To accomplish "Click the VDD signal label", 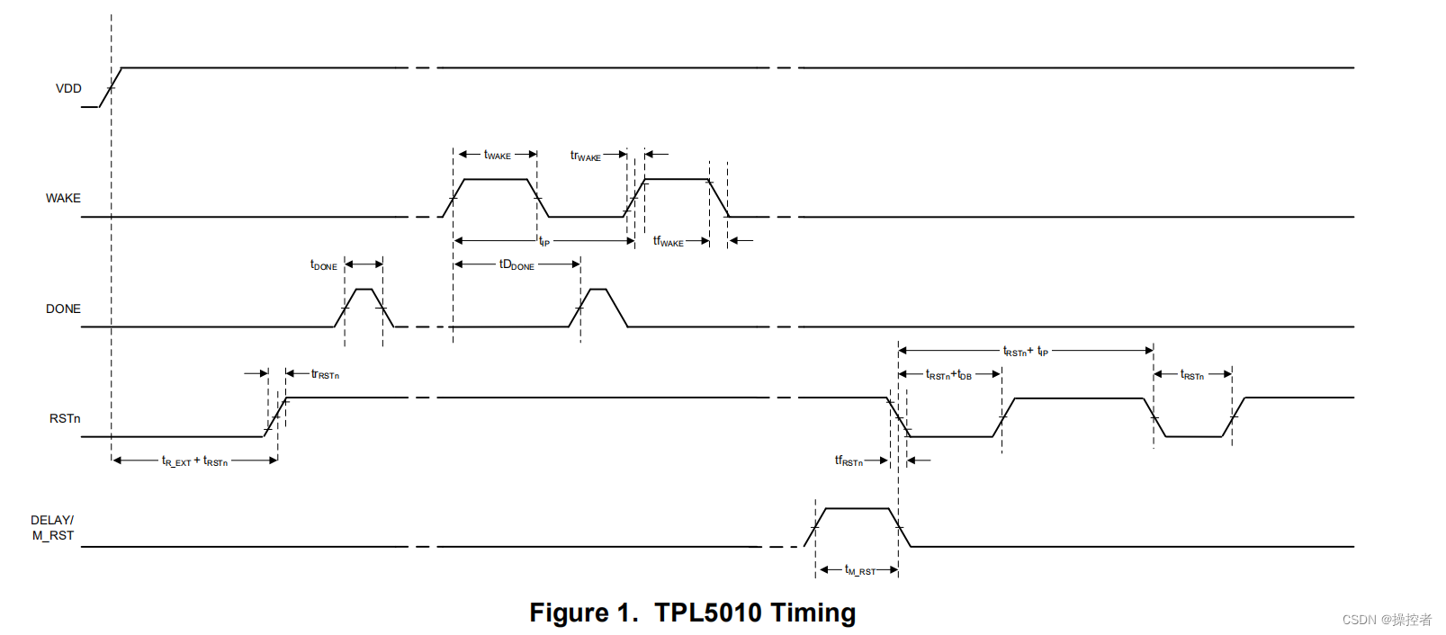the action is (68, 88).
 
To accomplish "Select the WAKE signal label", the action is (63, 198).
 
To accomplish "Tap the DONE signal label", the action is (63, 309).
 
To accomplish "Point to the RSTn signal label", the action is (65, 418).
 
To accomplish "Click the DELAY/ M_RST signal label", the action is (53, 528).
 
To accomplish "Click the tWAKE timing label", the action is (497, 155).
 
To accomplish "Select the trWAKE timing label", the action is (585, 156).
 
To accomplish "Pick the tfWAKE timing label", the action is (668, 241).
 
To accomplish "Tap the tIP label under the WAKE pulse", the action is (544, 241).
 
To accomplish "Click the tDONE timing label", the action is (324, 265).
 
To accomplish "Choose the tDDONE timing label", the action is (516, 264).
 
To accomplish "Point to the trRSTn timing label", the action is (325, 374).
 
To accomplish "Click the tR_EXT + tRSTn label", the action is (194, 461).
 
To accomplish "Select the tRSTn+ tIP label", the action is (1026, 352).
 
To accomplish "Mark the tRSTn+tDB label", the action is (948, 375).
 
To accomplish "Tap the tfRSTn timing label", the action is (849, 461).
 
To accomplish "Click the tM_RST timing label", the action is (860, 570).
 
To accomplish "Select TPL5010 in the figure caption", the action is (707, 613).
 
